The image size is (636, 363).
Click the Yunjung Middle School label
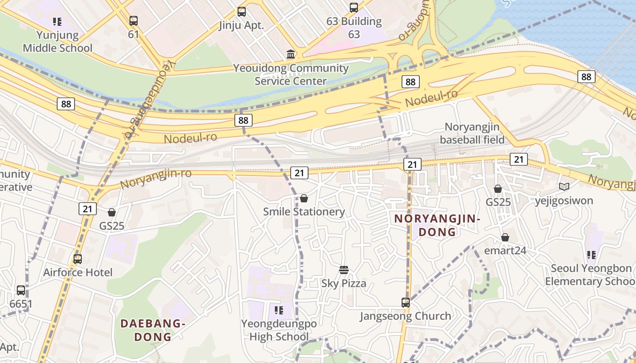pyautogui.click(x=57, y=41)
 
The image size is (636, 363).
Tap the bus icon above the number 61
pyautogui.click(x=133, y=20)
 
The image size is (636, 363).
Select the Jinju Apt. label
pyautogui.click(x=241, y=25)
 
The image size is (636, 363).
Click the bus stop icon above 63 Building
pyautogui.click(x=353, y=8)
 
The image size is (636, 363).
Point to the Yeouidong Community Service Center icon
pyautogui.click(x=291, y=55)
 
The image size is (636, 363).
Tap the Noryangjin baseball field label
pyautogui.click(x=472, y=133)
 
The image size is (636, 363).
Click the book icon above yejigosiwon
pyautogui.click(x=564, y=186)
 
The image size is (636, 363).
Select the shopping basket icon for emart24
pyautogui.click(x=505, y=237)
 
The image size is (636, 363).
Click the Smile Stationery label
pyautogui.click(x=304, y=212)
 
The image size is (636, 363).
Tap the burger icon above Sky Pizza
pyautogui.click(x=344, y=270)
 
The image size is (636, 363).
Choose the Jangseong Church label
pyautogui.click(x=405, y=316)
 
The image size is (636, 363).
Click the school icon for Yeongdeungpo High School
pyautogui.click(x=279, y=310)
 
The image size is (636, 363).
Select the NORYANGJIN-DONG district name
pyautogui.click(x=437, y=226)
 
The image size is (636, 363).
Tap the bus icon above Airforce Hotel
pyautogui.click(x=78, y=259)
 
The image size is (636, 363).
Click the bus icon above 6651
pyautogui.click(x=21, y=290)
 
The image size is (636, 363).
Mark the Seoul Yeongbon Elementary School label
pyautogui.click(x=591, y=275)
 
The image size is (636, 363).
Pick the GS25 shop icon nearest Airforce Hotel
pyautogui.click(x=112, y=212)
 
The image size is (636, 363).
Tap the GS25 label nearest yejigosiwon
pyautogui.click(x=498, y=202)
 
